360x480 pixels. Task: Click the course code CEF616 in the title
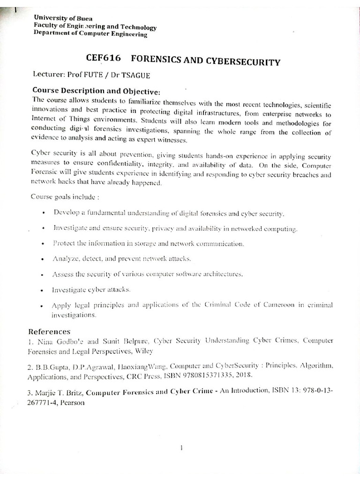click(104, 59)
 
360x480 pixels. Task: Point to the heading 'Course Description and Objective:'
click(97, 90)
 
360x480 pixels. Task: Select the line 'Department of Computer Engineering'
click(90, 34)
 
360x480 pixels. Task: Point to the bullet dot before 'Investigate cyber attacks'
click(43, 290)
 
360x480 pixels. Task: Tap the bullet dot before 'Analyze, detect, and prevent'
click(43, 259)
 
